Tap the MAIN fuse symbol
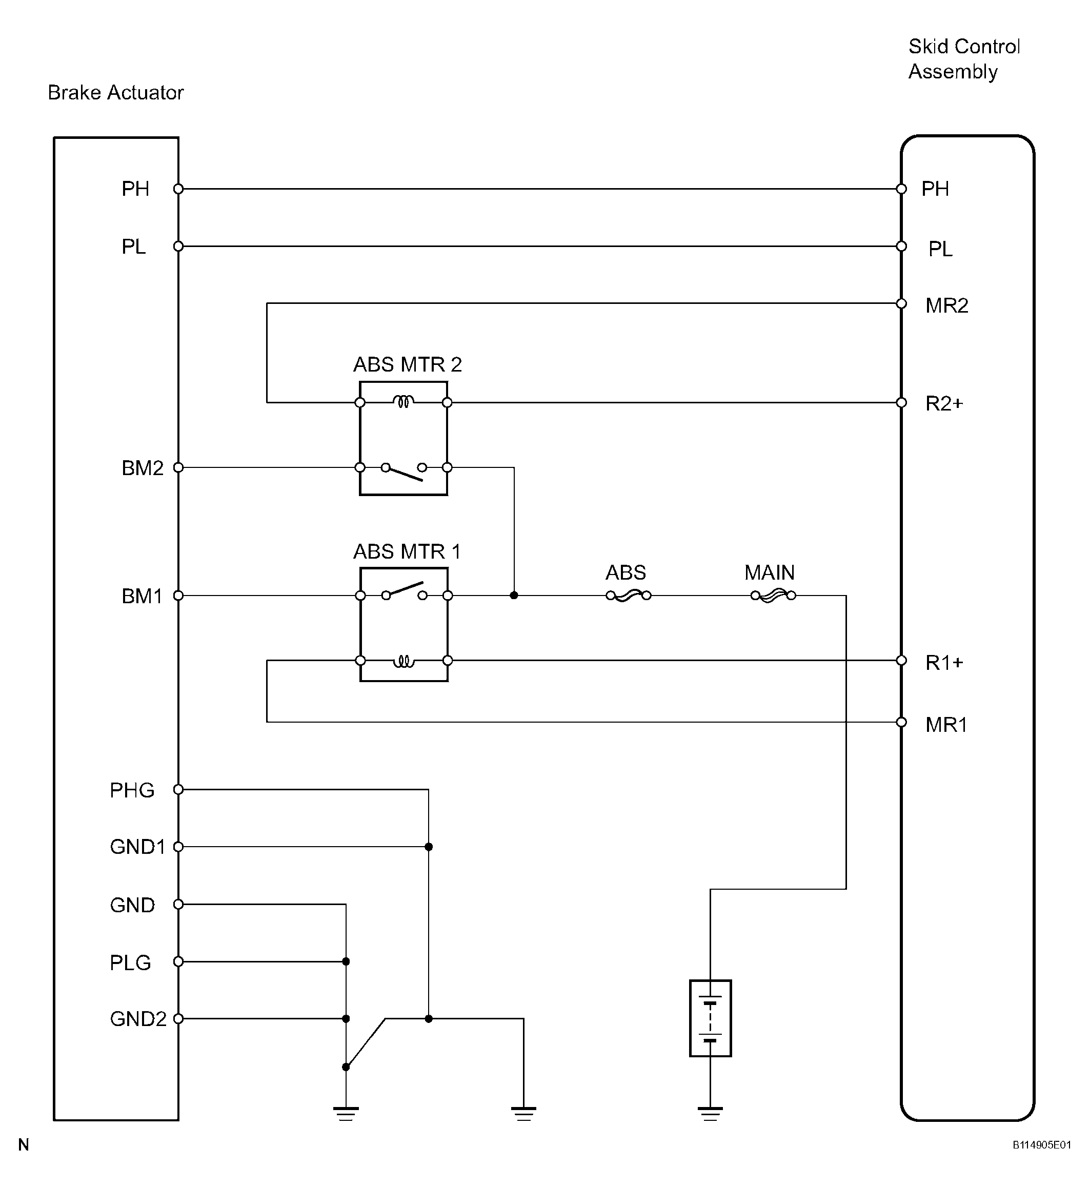tap(773, 596)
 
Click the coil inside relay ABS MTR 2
tap(404, 402)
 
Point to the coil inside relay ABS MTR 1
tap(404, 661)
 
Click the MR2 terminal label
tap(947, 305)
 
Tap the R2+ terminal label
tap(944, 403)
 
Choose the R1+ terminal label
tap(944, 663)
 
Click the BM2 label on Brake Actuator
tap(142, 468)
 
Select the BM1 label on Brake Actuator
tap(142, 596)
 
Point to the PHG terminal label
tap(132, 790)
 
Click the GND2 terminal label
tap(138, 1019)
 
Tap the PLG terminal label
tap(130, 963)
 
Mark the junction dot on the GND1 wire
tap(429, 847)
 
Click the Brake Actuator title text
tap(116, 93)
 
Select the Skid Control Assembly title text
tap(964, 59)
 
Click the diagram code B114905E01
tap(1042, 1145)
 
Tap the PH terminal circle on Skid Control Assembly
tap(901, 189)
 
